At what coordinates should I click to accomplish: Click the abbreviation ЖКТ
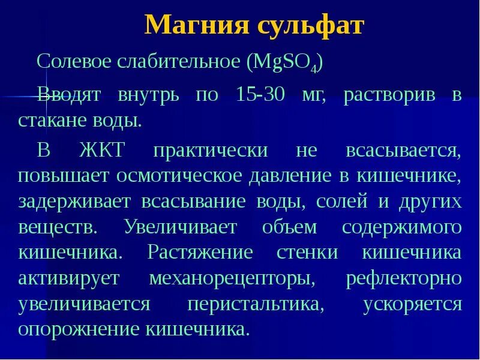click(x=101, y=150)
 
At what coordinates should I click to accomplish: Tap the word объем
click(x=290, y=227)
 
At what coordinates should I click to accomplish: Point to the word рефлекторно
click(x=404, y=278)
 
